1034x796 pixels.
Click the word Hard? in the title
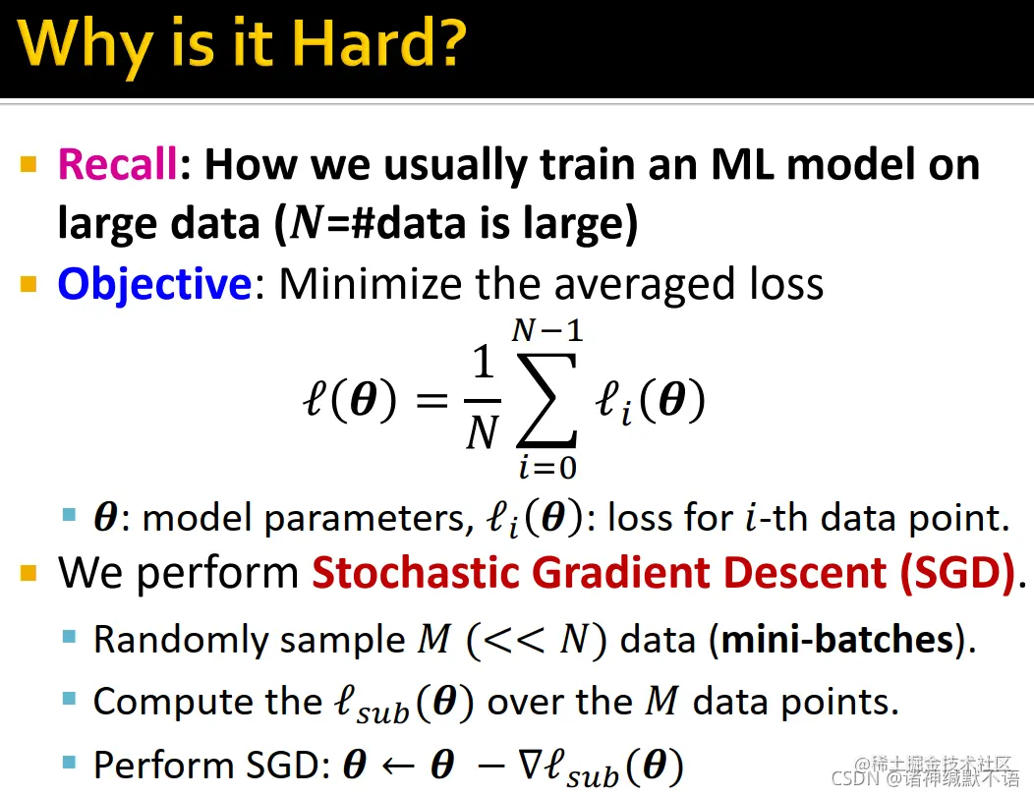click(x=378, y=43)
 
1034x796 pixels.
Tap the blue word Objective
click(x=154, y=285)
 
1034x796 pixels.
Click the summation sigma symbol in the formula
click(x=546, y=400)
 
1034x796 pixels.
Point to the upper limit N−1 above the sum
click(x=547, y=330)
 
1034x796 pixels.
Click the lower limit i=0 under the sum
click(x=547, y=468)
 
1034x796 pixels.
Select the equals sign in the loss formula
click(x=431, y=400)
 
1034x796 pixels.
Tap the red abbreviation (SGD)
click(x=958, y=573)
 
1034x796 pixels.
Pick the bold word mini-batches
click(x=838, y=639)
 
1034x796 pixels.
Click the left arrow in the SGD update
click(x=398, y=766)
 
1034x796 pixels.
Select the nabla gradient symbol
click(x=531, y=765)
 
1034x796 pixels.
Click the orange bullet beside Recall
click(x=29, y=163)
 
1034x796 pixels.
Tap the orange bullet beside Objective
click(x=29, y=284)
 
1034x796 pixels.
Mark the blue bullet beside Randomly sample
click(x=69, y=637)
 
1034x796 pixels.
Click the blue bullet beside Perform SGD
click(x=69, y=763)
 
